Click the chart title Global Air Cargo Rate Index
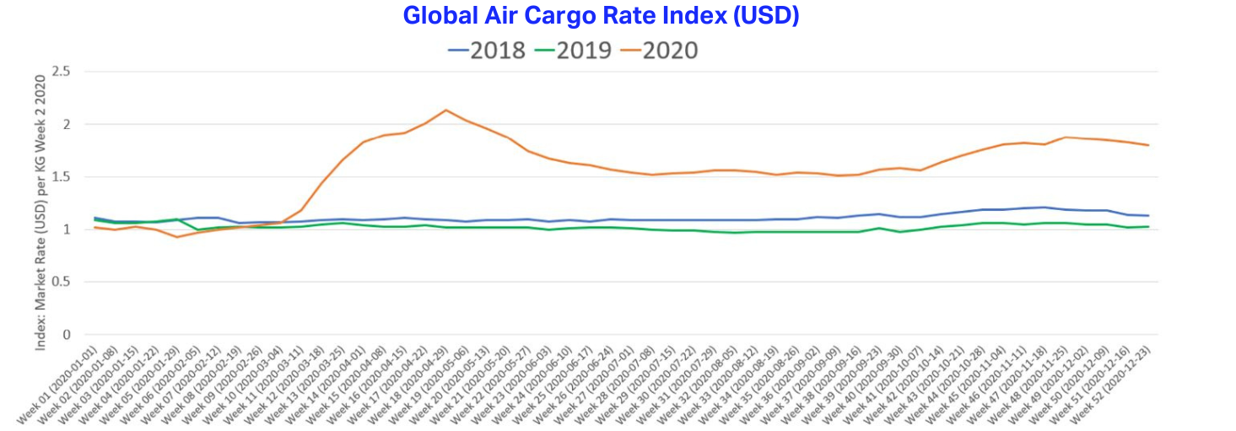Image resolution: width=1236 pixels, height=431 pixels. coord(601,15)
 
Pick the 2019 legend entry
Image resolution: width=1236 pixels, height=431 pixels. coord(574,51)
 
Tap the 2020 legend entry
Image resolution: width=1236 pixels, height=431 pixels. coord(660,51)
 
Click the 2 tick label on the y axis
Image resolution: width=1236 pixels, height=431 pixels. coord(65,125)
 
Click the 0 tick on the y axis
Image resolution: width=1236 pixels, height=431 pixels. coord(65,335)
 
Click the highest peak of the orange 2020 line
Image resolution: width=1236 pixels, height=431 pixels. coord(446,110)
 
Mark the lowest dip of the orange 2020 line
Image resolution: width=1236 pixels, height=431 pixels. coord(177,236)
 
